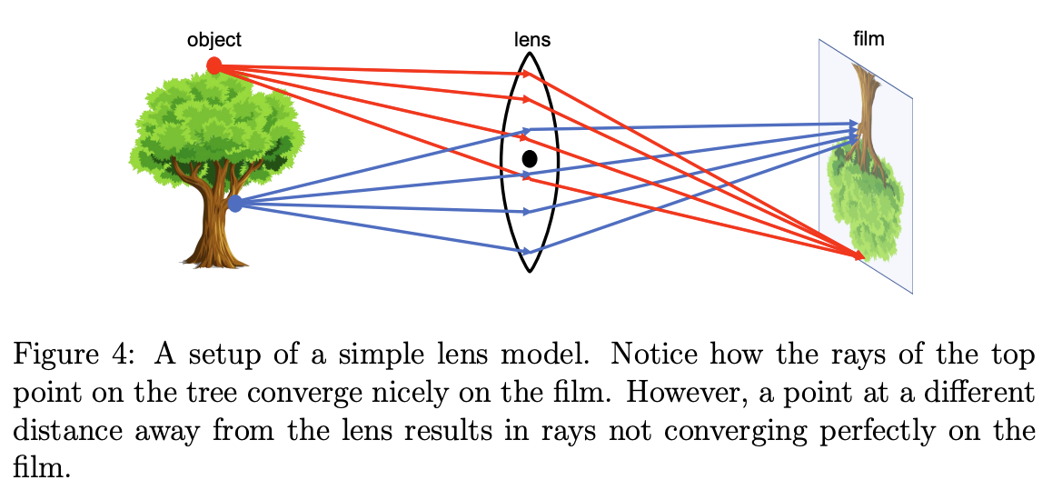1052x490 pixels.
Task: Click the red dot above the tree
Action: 214,65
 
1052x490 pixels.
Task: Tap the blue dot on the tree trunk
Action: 235,204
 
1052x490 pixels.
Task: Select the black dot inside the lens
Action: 530,158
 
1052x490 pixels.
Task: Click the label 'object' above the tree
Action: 214,40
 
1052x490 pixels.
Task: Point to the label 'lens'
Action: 532,40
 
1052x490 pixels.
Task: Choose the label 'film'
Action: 869,39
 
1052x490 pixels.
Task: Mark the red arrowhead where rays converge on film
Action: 858,257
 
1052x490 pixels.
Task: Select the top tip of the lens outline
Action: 531,51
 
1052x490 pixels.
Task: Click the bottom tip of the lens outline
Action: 531,270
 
